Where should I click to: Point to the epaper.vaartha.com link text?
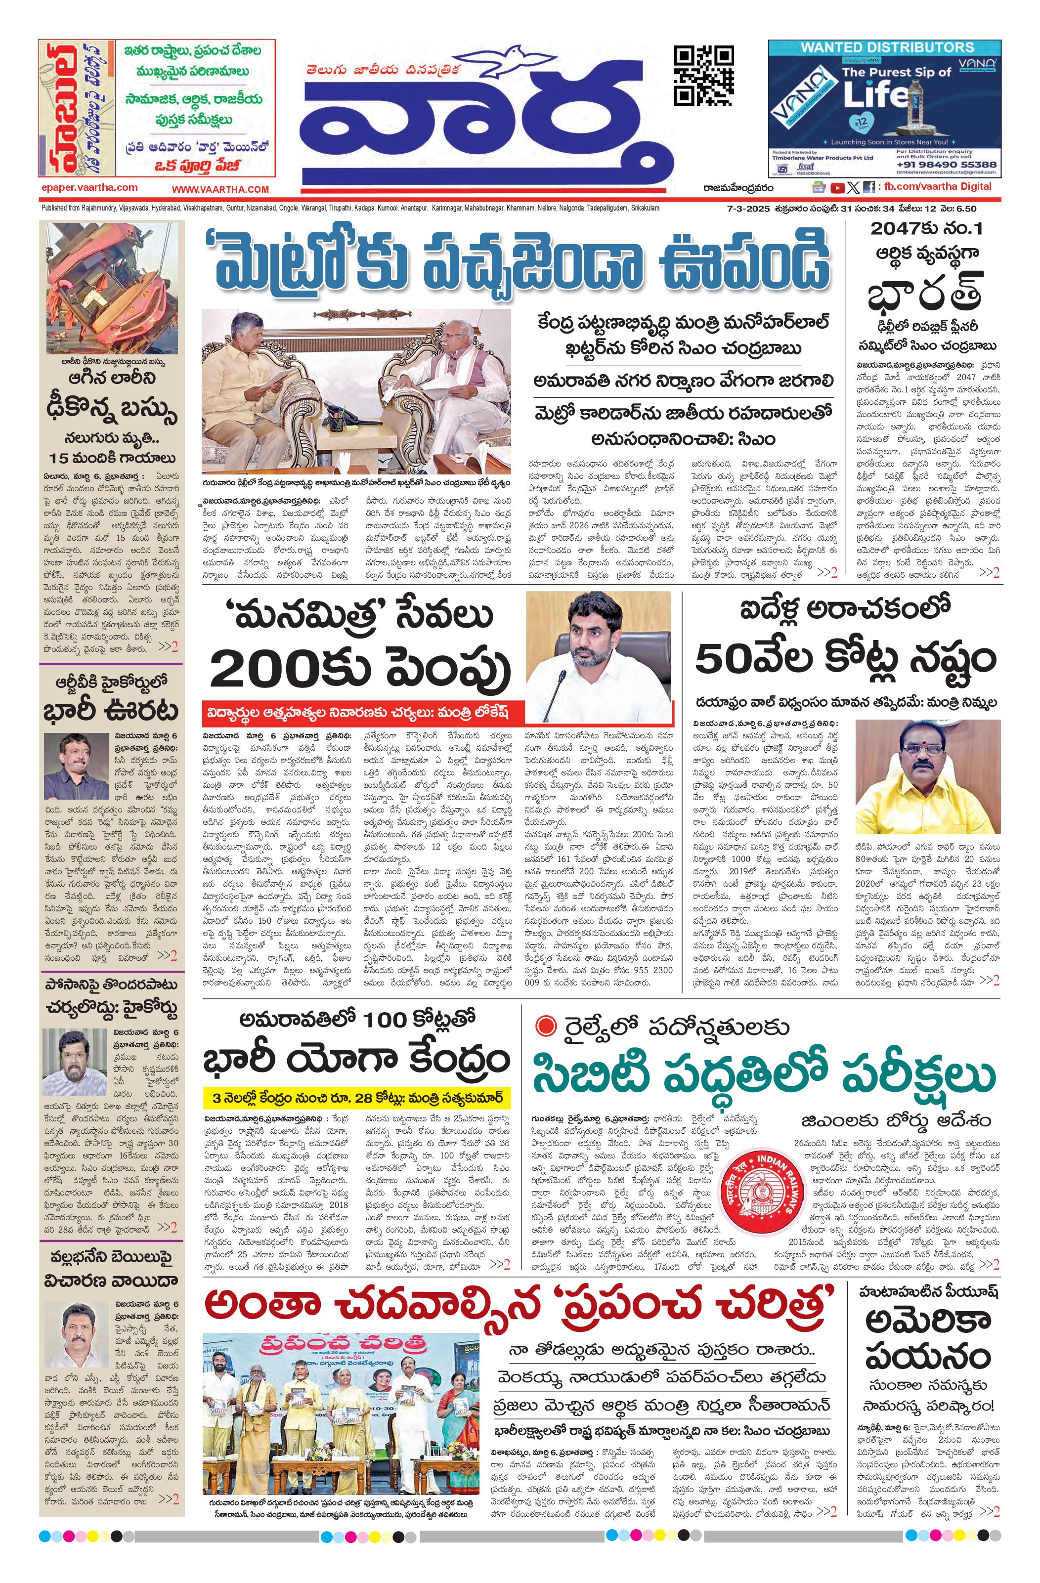pyautogui.click(x=89, y=188)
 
